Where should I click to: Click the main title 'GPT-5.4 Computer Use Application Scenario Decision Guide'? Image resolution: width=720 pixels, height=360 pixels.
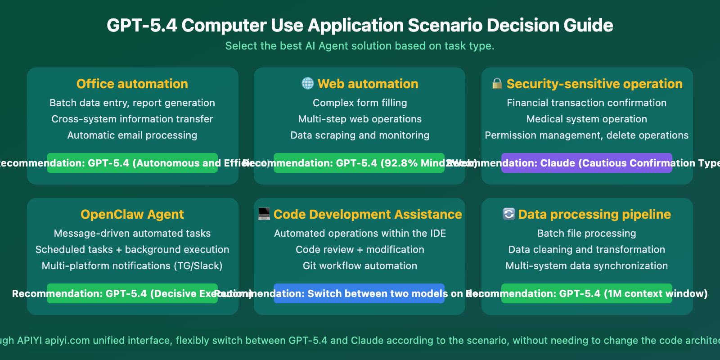pos(360,26)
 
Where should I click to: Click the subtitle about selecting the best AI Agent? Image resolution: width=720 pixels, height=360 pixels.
pos(360,46)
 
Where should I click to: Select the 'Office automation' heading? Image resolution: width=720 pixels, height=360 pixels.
pos(132,84)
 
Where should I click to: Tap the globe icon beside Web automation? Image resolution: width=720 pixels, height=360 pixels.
pos(308,83)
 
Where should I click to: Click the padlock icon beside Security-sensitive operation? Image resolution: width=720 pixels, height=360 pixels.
pos(497,83)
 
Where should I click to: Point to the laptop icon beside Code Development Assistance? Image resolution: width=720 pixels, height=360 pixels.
pos(264,214)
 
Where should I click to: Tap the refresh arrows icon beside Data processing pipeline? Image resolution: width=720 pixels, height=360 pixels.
pos(508,214)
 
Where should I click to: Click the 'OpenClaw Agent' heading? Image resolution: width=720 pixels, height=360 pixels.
pos(132,214)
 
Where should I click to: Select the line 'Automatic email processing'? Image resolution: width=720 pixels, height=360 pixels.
pos(132,135)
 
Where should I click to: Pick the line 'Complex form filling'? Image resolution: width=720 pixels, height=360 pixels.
pos(360,103)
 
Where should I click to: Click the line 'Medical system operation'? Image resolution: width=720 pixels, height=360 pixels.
pos(586,119)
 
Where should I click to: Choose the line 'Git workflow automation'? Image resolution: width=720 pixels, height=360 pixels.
pos(360,265)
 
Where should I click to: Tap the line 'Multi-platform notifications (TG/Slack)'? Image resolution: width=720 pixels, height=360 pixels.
pos(132,265)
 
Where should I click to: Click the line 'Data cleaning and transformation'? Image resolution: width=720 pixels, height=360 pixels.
pos(586,249)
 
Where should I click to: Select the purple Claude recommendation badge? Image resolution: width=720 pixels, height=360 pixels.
pos(586,163)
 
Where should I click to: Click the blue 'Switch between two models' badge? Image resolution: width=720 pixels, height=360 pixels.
pos(359,293)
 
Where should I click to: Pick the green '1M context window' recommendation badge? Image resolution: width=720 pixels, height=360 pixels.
pos(586,293)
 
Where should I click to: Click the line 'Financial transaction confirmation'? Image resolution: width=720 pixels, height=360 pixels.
pos(586,103)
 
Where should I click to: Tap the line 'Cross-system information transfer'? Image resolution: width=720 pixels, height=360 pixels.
pos(132,119)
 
